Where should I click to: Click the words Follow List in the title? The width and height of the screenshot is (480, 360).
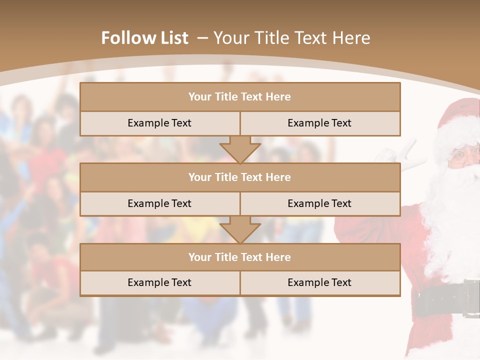[144, 38]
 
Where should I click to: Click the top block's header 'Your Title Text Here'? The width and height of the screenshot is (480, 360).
[239, 97]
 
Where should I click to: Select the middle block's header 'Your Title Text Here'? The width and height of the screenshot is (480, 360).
[239, 177]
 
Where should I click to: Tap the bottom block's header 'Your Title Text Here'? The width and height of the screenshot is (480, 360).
[239, 257]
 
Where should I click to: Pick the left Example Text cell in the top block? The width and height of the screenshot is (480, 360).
[159, 123]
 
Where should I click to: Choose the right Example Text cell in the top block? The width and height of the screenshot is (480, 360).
[319, 123]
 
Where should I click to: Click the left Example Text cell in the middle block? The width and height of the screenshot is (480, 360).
[159, 203]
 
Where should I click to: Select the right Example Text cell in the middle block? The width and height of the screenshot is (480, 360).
[319, 203]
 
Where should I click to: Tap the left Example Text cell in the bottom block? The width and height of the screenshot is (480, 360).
[159, 282]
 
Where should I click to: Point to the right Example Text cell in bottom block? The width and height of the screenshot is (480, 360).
[319, 282]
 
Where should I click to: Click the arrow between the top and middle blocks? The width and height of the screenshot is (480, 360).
[240, 149]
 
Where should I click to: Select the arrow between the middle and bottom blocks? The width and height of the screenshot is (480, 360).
[240, 229]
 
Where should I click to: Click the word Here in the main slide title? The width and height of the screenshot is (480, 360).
[353, 38]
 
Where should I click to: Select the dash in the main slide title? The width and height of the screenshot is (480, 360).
[202, 38]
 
